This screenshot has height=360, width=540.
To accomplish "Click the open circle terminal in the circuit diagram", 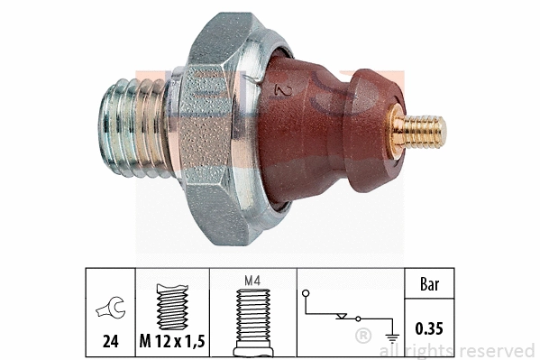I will [307, 293].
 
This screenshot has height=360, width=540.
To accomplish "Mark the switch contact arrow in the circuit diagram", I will [343, 317].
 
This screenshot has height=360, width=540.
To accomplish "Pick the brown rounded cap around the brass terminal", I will [370, 126].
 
